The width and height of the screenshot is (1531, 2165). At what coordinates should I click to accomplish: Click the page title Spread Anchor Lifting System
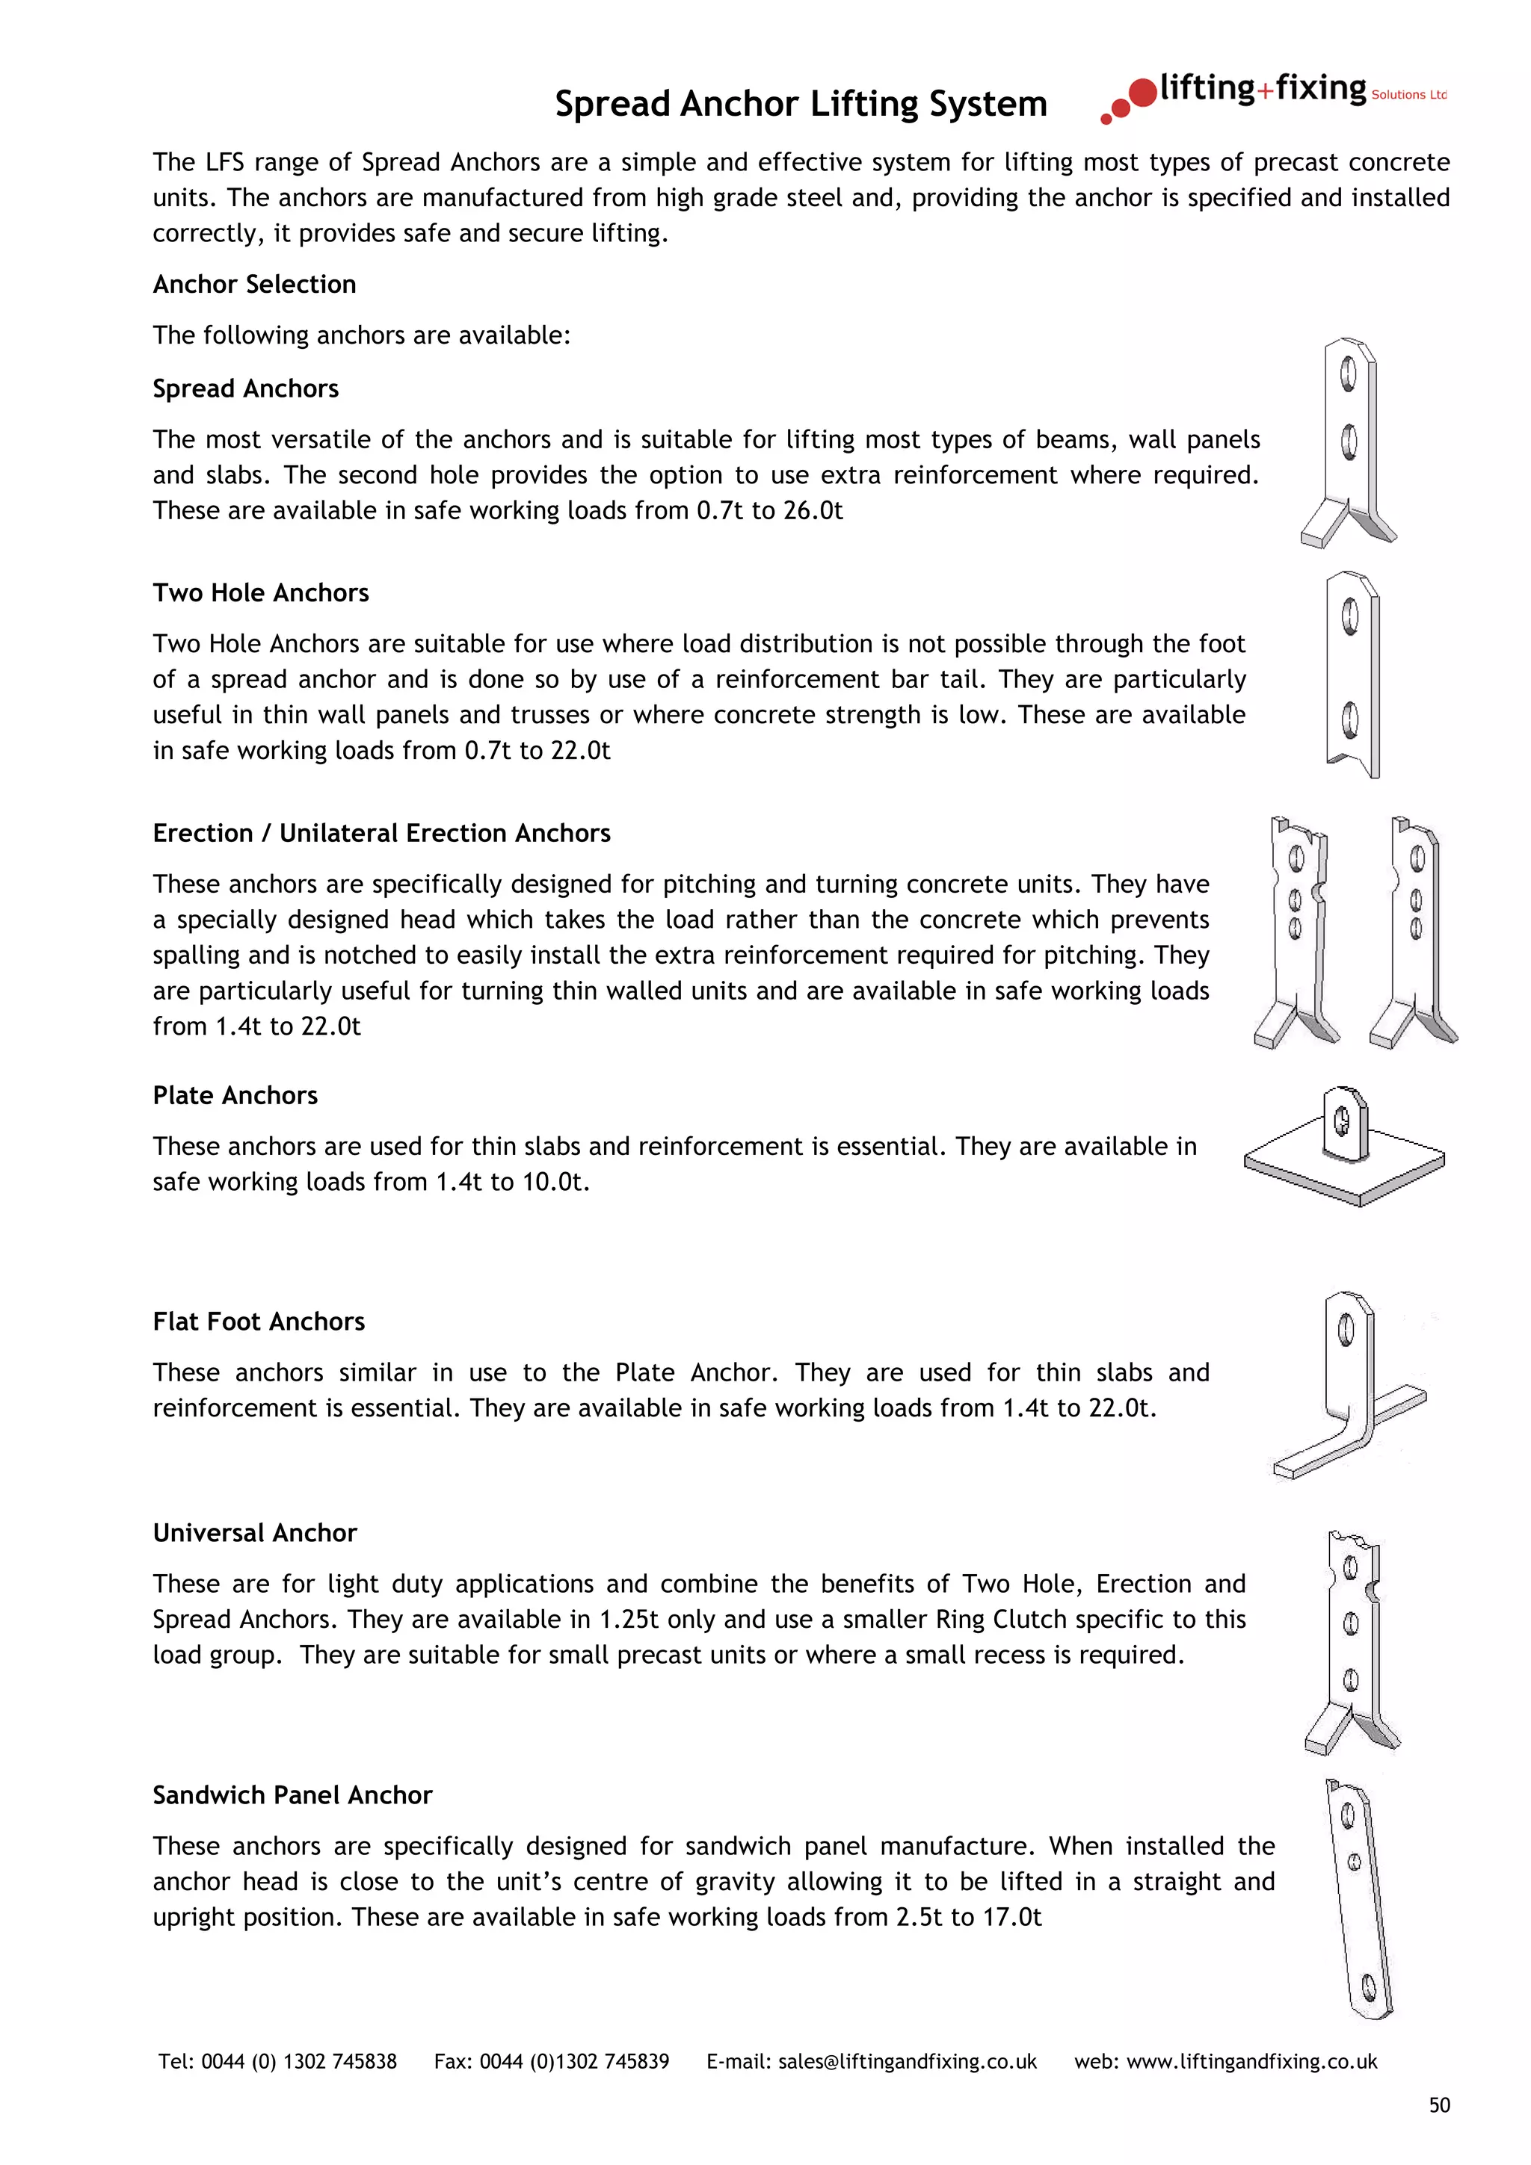pos(800,104)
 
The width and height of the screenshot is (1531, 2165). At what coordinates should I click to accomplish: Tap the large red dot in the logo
pos(1142,93)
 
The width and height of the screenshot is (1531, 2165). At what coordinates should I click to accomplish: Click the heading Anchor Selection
pos(255,284)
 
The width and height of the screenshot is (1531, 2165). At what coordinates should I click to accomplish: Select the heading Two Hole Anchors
pos(260,592)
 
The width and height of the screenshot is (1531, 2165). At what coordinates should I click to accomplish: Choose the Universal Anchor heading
pos(255,1532)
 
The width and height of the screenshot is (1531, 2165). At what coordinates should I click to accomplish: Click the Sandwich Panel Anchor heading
pos(292,1794)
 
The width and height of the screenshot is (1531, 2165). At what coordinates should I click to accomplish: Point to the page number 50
pos(1438,2104)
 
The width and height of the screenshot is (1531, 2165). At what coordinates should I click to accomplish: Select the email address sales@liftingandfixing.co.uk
pos(907,2061)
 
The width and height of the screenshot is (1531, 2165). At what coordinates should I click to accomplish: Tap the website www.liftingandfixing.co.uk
pos(1251,2061)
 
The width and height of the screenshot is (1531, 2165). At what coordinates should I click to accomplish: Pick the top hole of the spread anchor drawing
pos(1348,374)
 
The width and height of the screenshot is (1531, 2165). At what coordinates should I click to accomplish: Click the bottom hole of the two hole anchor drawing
pos(1350,720)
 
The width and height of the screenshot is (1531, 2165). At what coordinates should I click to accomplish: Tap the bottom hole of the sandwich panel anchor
pos(1370,1990)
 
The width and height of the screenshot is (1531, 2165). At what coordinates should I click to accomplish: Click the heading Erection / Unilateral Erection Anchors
pos(381,833)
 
